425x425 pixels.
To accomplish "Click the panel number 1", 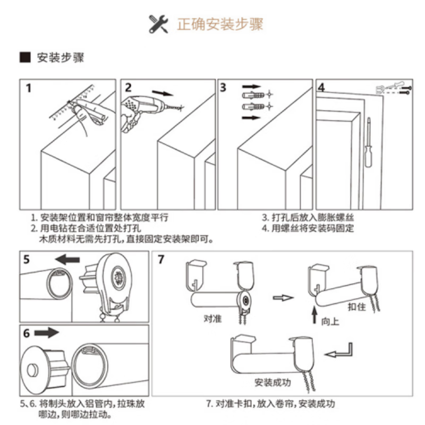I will pos(30,88).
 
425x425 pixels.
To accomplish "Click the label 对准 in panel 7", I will pos(212,319).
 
